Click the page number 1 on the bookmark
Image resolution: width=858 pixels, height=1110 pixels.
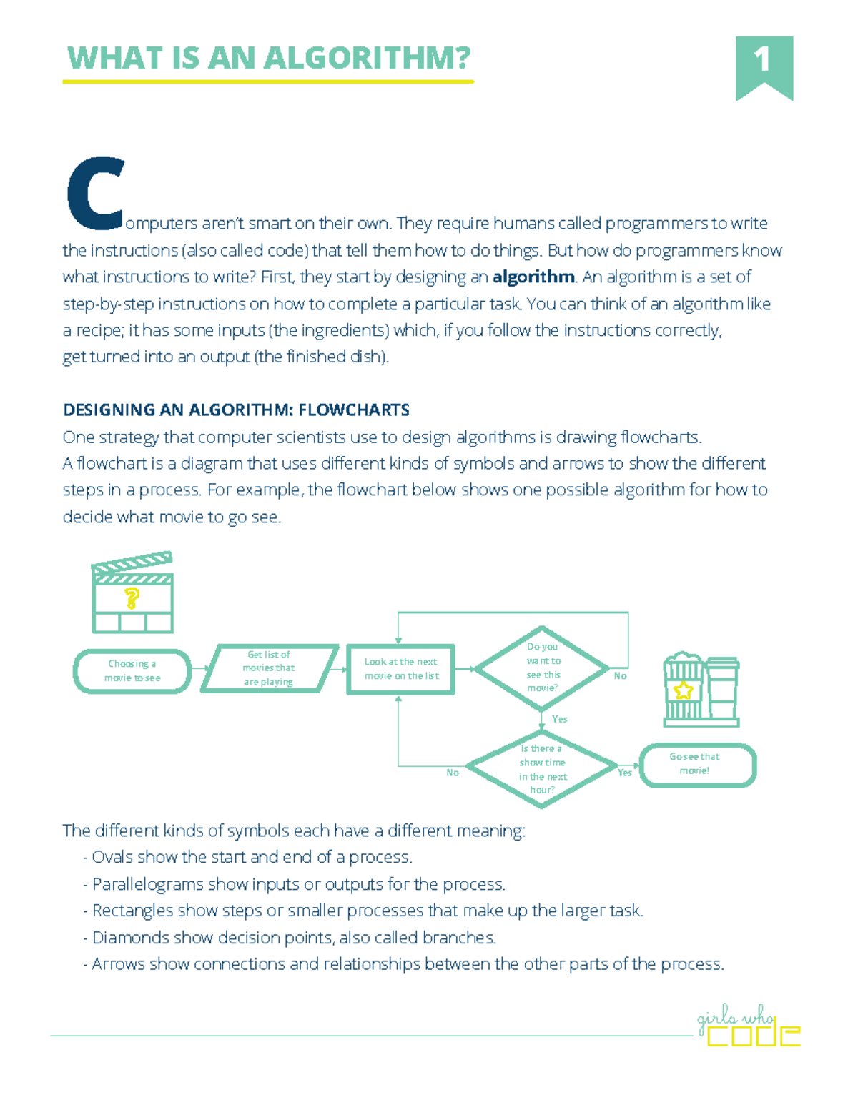[763, 60]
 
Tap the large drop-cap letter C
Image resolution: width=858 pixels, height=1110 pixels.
[95, 194]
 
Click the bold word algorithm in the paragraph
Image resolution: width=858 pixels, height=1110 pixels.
[533, 277]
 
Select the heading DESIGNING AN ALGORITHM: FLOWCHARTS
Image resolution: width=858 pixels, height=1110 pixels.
[236, 410]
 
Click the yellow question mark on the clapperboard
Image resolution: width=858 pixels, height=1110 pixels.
[132, 598]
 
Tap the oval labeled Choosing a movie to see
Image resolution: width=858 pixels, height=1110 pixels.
[132, 671]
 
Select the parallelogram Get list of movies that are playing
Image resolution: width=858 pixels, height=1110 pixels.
[269, 668]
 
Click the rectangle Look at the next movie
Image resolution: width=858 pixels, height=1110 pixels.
[400, 669]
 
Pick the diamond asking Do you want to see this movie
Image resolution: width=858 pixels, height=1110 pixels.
[543, 668]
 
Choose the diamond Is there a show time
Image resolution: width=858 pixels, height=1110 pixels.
[542, 768]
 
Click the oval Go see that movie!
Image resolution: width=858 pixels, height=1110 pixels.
[696, 764]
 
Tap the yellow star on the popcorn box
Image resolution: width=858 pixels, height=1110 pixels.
[684, 690]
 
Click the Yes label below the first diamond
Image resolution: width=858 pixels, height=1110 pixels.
[560, 719]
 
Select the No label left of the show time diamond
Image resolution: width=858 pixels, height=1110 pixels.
[453, 773]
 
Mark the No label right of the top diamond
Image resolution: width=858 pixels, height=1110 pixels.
[620, 675]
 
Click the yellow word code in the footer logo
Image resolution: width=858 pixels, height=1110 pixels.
[753, 1035]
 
